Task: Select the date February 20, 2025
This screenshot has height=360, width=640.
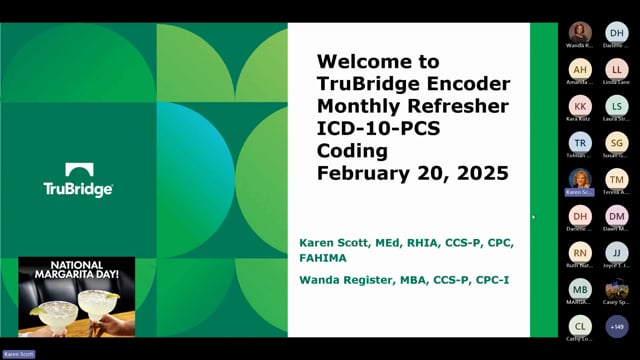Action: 412,173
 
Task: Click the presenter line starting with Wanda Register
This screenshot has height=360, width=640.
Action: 404,279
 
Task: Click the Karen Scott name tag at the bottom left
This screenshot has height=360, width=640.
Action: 17,354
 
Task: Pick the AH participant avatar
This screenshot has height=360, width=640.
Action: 580,69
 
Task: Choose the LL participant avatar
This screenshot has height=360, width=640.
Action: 617,69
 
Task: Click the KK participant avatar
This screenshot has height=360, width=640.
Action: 580,105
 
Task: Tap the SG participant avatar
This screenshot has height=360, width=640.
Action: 617,142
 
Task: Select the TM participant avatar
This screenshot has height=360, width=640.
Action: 617,178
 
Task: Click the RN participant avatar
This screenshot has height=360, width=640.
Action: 580,252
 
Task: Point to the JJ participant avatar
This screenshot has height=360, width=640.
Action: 617,252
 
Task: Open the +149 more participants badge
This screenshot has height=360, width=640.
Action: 617,325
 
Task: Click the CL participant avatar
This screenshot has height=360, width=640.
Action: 580,325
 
